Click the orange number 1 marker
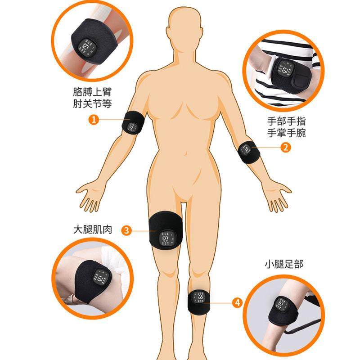point(93,119)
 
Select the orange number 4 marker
point(237,302)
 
